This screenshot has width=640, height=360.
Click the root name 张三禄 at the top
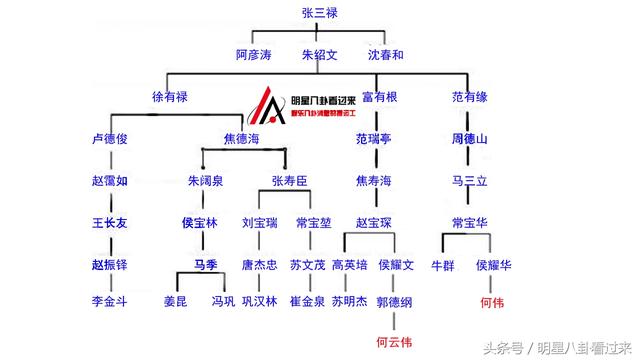[x=320, y=12]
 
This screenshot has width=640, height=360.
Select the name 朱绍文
[x=320, y=54]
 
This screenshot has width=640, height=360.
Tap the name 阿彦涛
[x=253, y=54]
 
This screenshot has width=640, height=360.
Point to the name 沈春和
[x=385, y=54]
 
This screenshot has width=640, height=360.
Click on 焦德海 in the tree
[x=240, y=140]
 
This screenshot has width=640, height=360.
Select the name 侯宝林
[x=200, y=223]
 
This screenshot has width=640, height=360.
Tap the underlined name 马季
[x=205, y=265]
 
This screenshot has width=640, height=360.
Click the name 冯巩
[x=222, y=300]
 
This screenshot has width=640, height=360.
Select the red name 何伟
[x=492, y=300]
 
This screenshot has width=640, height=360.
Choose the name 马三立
[x=469, y=181]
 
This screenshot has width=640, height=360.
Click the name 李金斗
[x=109, y=300]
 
